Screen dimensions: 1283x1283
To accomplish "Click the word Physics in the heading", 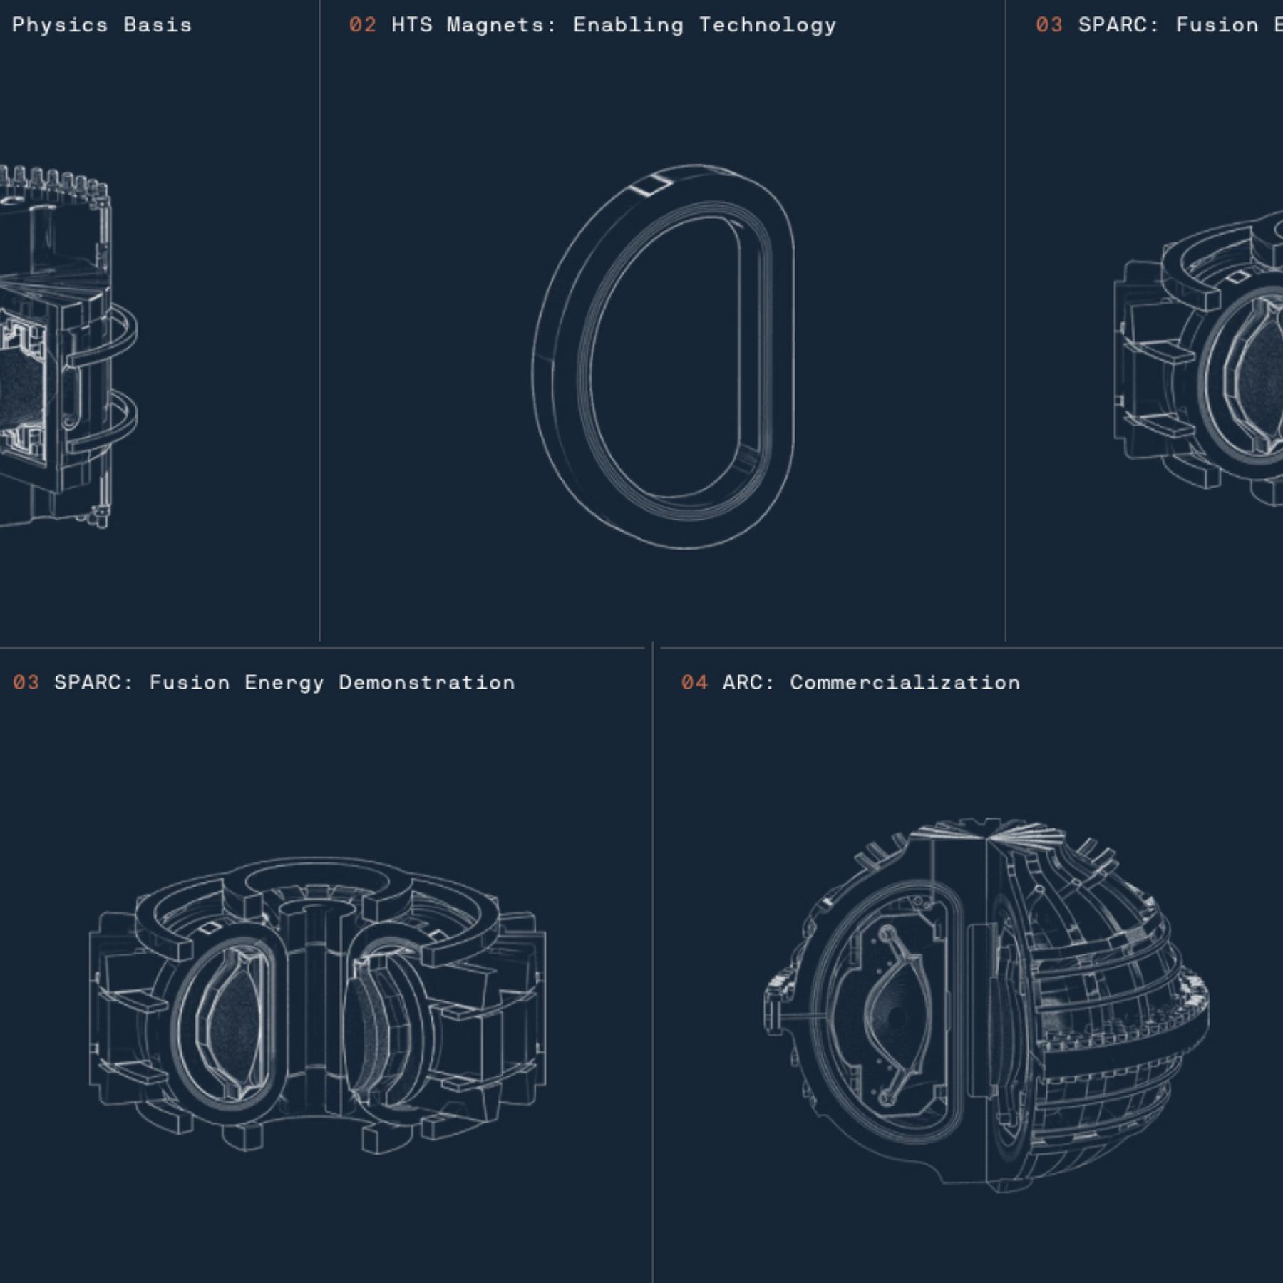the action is coord(60,25).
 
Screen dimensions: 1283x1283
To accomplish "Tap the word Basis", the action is coord(158,25).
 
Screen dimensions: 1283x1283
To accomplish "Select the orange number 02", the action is coord(362,25).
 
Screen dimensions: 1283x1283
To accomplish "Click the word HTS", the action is coord(412,25).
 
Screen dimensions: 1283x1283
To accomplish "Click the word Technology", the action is coord(768,25).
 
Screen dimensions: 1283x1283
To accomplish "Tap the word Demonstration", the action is coord(427,682).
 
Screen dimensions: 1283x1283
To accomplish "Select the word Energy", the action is coord(284,683).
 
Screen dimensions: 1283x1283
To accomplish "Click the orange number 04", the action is coord(694,682).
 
